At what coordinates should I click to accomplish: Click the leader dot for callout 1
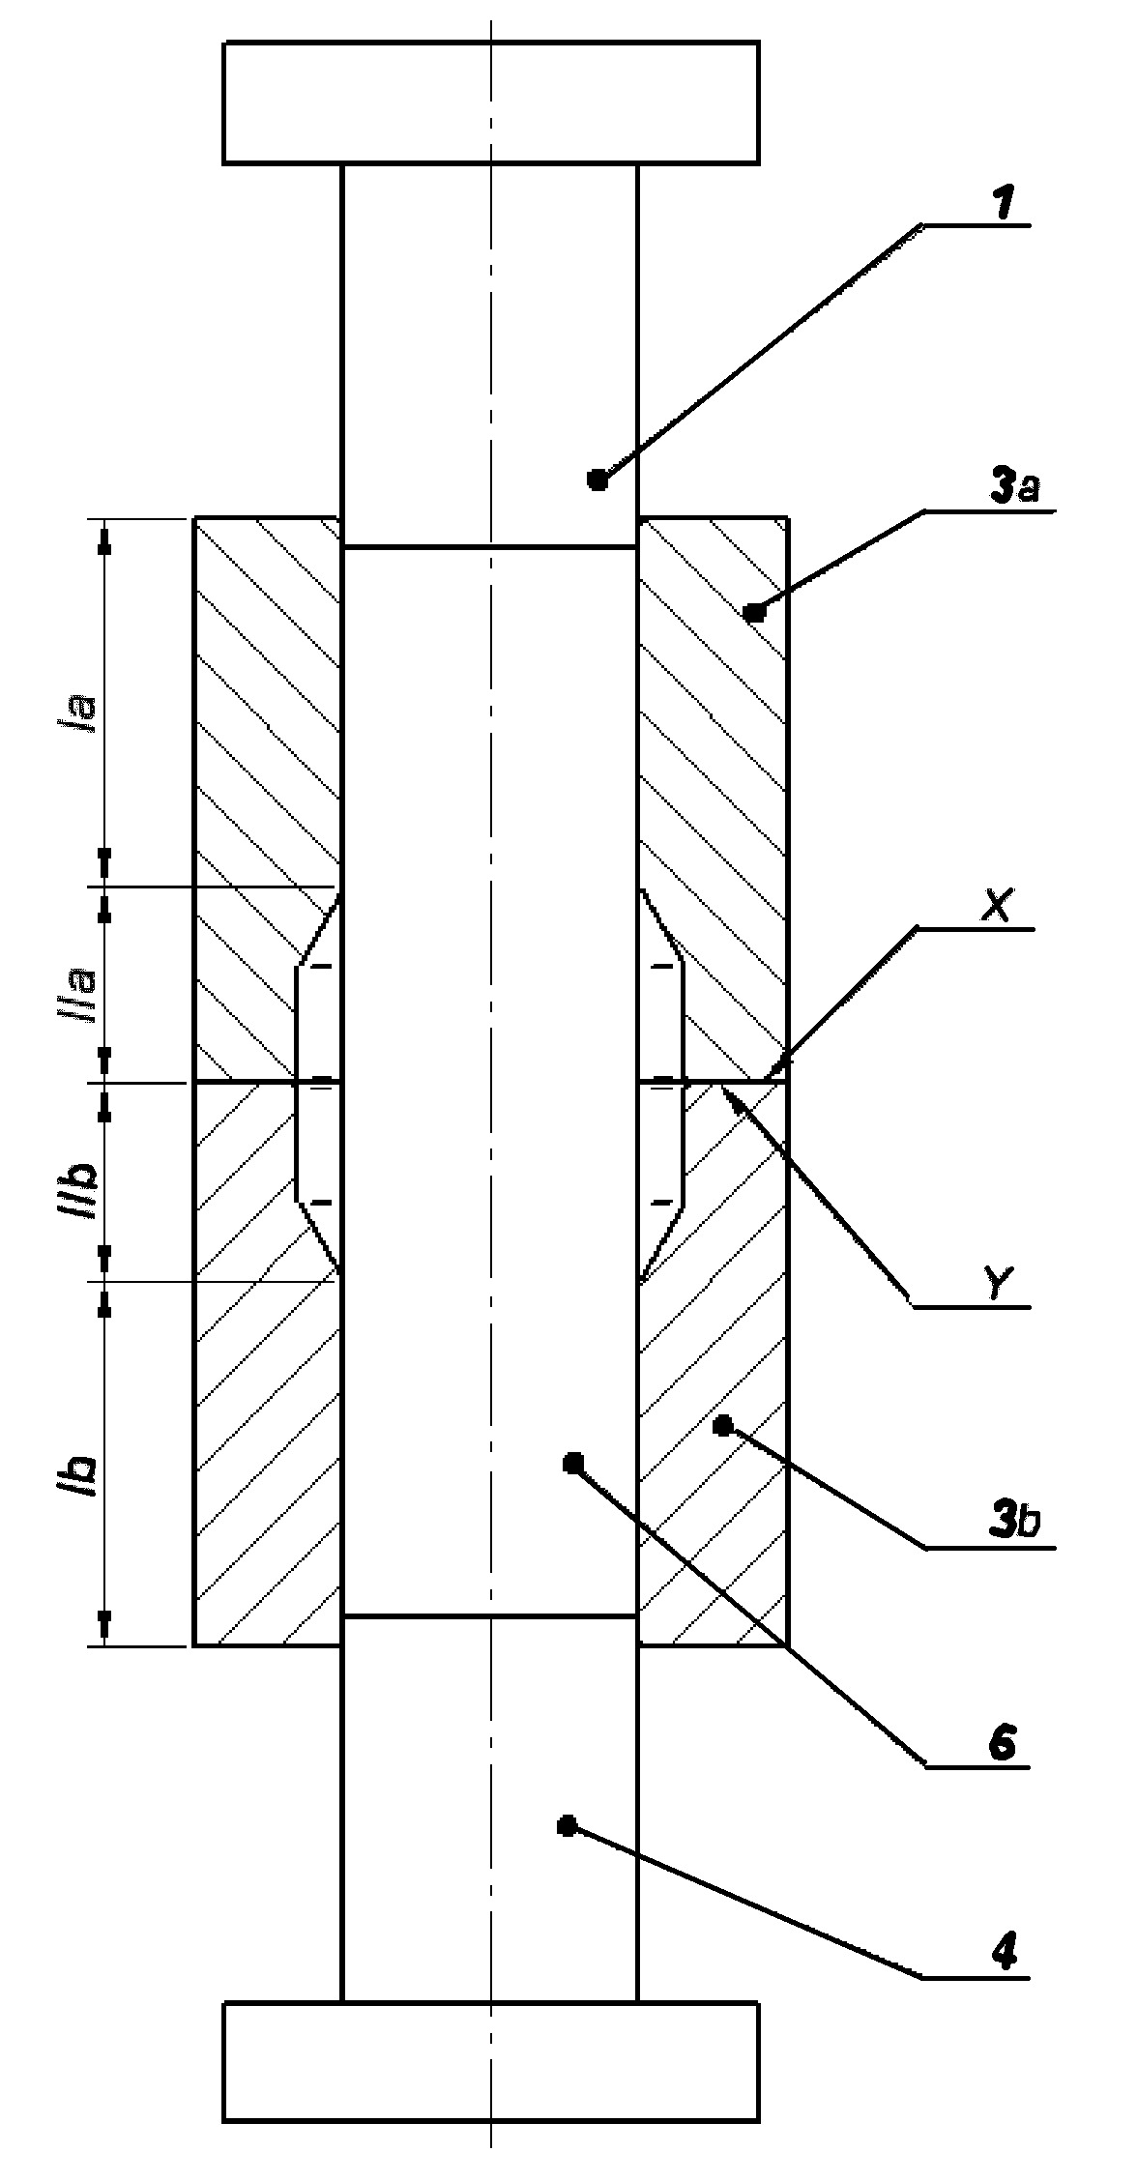tap(598, 480)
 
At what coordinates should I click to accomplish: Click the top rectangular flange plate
tap(491, 102)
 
